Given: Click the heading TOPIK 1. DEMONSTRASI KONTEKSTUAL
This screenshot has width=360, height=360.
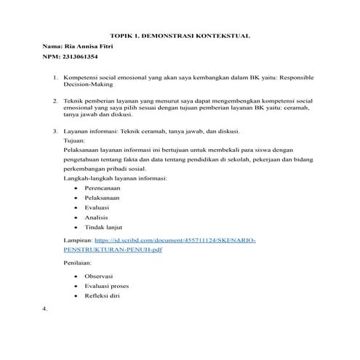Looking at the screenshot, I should [180, 34].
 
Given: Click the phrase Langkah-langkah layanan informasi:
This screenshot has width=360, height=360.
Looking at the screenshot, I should [116, 177].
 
